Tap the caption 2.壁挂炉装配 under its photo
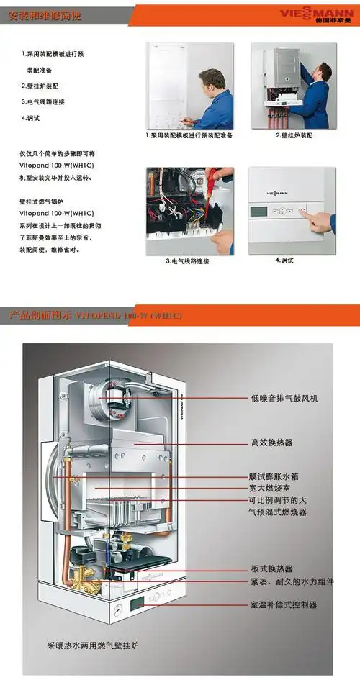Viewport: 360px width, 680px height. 294,135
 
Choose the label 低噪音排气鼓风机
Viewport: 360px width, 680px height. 284,397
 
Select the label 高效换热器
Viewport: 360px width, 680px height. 271,443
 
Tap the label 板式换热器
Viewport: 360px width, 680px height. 271,568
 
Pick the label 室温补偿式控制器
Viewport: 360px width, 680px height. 283,605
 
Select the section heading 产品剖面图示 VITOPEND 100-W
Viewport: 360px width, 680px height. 94,315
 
